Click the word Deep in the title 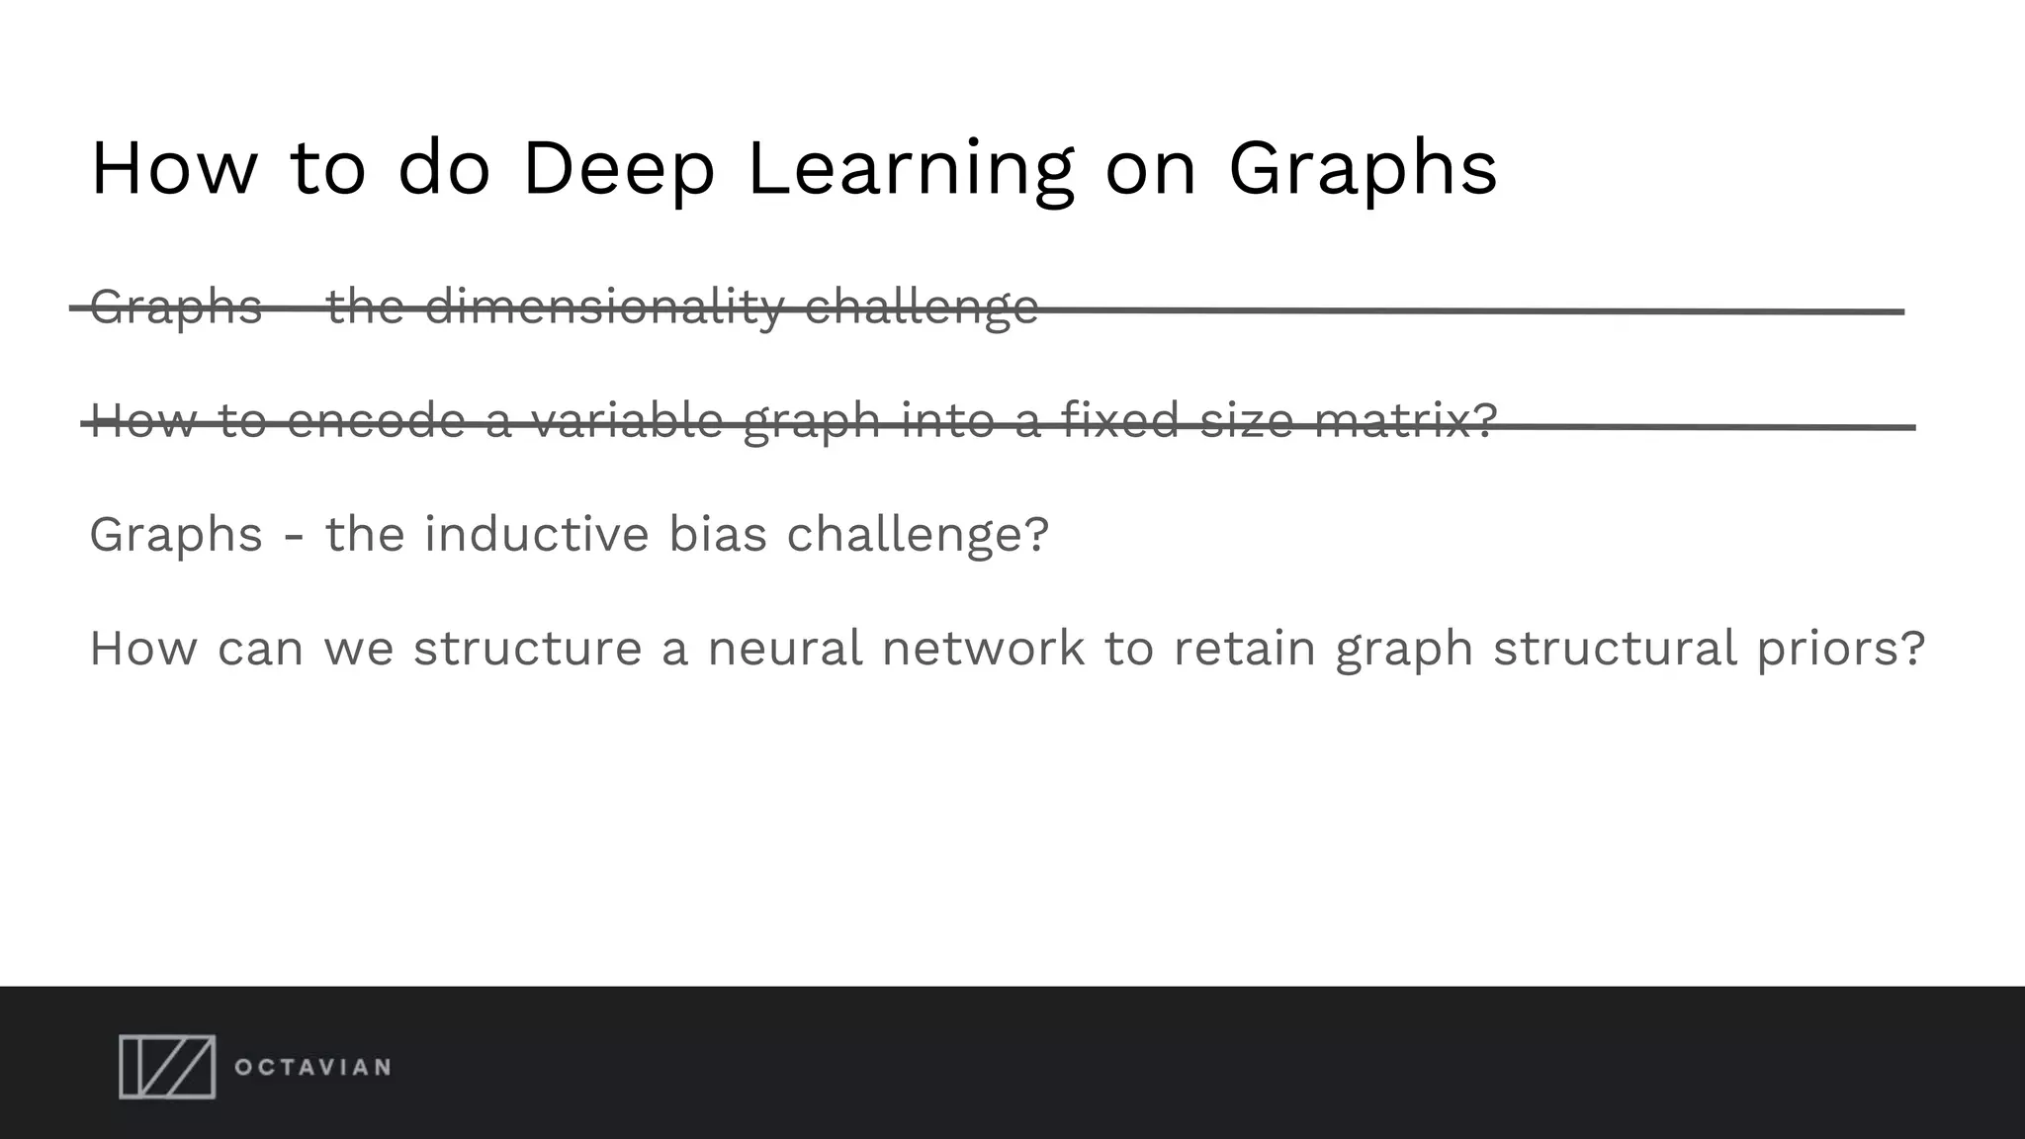(x=617, y=169)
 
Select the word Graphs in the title (x=1363, y=169)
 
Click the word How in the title (x=174, y=169)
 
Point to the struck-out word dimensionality (x=604, y=307)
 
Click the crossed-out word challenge (x=921, y=307)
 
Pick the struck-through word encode (x=376, y=420)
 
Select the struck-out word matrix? (x=1405, y=420)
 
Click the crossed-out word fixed (x=1119, y=420)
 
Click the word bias (x=718, y=535)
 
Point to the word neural (x=785, y=649)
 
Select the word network (x=983, y=649)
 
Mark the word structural (x=1615, y=649)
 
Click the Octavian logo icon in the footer (x=167, y=1067)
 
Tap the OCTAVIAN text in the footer (x=312, y=1068)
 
